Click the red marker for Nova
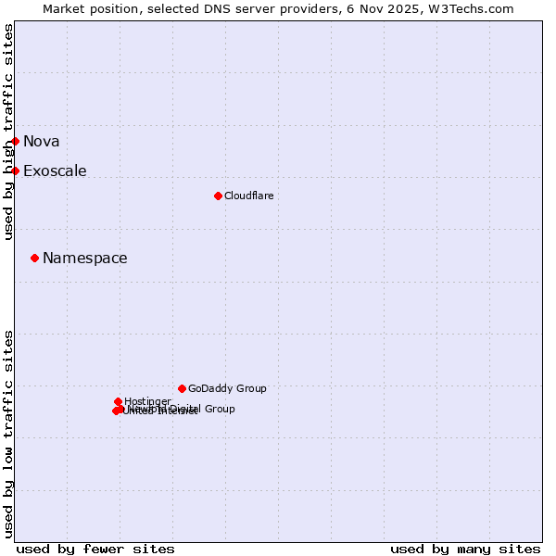[x=16, y=141]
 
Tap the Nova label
[x=42, y=141]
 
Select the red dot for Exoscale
[x=16, y=171]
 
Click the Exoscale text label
[x=55, y=171]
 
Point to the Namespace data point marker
[x=35, y=258]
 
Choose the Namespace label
[x=85, y=258]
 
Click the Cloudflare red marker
[x=218, y=196]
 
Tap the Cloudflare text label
[x=248, y=196]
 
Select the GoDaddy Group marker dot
[x=182, y=388]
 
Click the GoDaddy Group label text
[x=227, y=388]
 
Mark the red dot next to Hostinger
[x=119, y=401]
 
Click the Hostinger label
[x=147, y=401]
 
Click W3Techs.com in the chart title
[x=473, y=8]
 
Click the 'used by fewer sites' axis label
[x=95, y=549]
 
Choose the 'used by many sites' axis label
[x=465, y=549]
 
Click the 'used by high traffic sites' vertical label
[x=8, y=132]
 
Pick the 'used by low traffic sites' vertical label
[x=8, y=433]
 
